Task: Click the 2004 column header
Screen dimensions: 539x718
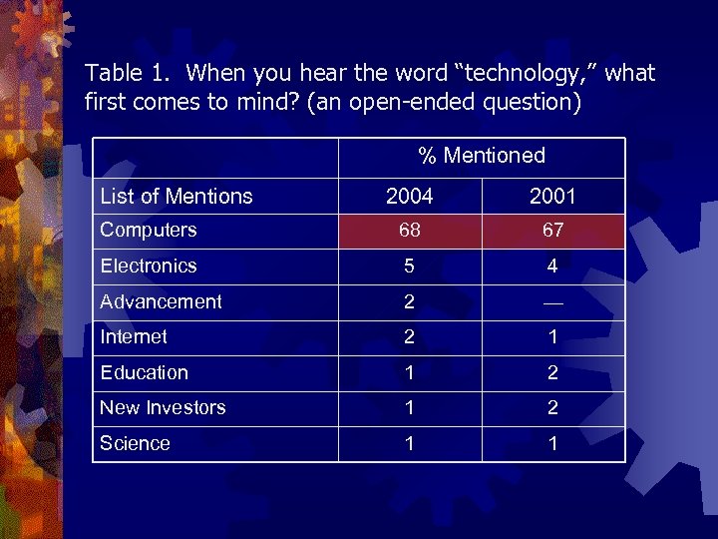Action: pyautogui.click(x=409, y=197)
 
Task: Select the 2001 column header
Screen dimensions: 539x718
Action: pyautogui.click(x=552, y=197)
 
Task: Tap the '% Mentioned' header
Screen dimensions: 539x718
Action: pyautogui.click(x=482, y=156)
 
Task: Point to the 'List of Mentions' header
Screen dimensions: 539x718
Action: pyautogui.click(x=177, y=197)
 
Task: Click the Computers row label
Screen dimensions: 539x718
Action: pyautogui.click(x=149, y=230)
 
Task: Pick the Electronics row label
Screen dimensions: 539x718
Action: pyautogui.click(x=149, y=266)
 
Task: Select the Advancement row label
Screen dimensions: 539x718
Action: pyautogui.click(x=161, y=301)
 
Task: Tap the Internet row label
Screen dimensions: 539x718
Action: pyautogui.click(x=134, y=337)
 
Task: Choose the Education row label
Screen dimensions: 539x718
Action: pyautogui.click(x=145, y=372)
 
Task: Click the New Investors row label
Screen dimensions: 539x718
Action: pyautogui.click(x=163, y=407)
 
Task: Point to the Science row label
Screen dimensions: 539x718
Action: pyautogui.click(x=136, y=443)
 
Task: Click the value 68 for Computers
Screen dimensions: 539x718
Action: pyautogui.click(x=409, y=231)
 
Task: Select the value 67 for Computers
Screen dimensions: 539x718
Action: pyautogui.click(x=552, y=231)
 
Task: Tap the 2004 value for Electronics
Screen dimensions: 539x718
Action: pyautogui.click(x=409, y=267)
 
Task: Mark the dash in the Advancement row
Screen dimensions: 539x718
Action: pyautogui.click(x=552, y=302)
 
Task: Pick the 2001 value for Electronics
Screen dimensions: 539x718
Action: pyautogui.click(x=552, y=267)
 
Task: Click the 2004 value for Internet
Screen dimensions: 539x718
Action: pyautogui.click(x=409, y=337)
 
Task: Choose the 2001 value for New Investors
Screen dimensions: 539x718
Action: pyautogui.click(x=552, y=408)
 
